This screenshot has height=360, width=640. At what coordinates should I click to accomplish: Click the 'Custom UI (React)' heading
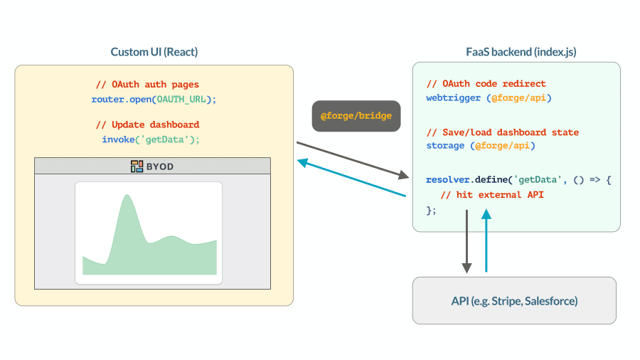[154, 52]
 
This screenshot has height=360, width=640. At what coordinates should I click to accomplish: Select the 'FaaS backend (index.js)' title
[521, 52]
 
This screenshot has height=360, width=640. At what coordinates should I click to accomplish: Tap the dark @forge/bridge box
[356, 116]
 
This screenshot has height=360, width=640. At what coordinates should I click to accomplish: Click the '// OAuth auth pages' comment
[147, 85]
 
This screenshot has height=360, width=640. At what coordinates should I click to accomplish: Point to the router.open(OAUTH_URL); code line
[154, 99]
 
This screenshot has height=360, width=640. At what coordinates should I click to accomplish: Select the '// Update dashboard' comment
[147, 125]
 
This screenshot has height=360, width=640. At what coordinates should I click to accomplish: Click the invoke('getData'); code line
[151, 139]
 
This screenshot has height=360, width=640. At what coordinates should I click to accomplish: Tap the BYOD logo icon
[137, 166]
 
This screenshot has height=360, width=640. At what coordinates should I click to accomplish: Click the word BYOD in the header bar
[160, 166]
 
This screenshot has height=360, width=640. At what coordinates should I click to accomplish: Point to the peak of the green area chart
[127, 195]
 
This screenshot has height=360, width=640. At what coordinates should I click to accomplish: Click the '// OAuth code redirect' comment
[486, 84]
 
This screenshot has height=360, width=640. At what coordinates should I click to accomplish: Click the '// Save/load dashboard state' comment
[503, 132]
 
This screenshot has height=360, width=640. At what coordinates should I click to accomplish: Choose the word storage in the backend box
[445, 146]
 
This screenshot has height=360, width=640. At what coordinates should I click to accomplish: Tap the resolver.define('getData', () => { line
[518, 179]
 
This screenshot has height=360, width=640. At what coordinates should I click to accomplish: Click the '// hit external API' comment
[492, 195]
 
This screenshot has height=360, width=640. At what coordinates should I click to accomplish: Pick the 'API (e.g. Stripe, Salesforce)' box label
[514, 301]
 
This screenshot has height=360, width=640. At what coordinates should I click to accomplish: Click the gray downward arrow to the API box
[467, 242]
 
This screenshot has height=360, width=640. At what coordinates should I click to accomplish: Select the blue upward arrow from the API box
[486, 240]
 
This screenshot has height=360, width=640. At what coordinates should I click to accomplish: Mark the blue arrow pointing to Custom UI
[351, 178]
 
